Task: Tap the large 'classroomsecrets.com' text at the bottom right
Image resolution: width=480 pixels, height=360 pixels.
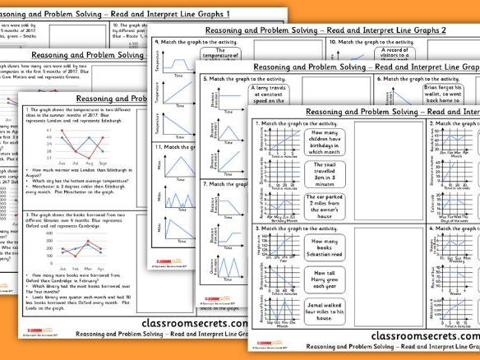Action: click(425, 335)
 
